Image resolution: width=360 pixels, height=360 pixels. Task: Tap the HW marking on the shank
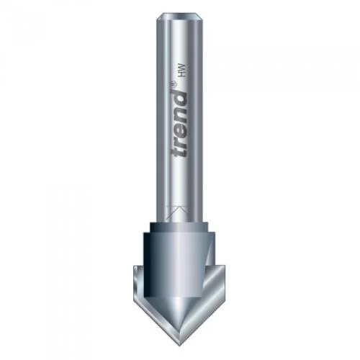click(x=183, y=71)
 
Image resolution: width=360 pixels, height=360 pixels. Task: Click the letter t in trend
click(x=179, y=150)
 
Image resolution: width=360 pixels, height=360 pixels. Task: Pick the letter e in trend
click(x=181, y=127)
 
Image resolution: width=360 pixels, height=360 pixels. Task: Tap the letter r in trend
click(x=181, y=139)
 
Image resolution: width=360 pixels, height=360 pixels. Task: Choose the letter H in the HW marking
click(x=183, y=74)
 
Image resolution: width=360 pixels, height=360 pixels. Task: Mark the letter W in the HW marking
click(x=183, y=68)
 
